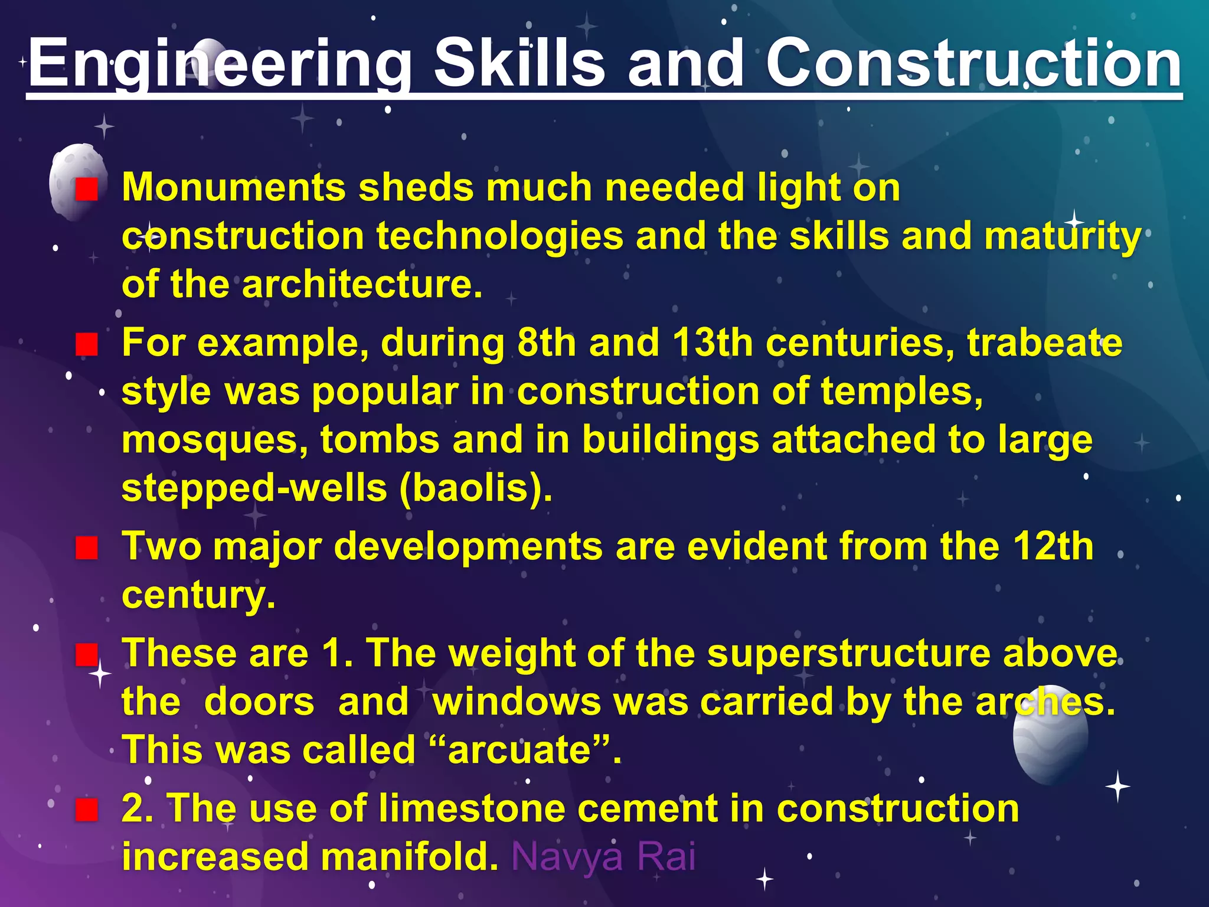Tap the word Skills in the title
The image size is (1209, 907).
coord(519,63)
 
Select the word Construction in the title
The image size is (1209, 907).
coord(973,63)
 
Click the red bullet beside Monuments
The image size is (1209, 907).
coord(87,190)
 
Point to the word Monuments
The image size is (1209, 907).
coord(233,188)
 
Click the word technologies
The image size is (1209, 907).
coord(500,236)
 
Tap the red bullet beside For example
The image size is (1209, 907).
coord(87,345)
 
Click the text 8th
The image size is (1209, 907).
coord(546,343)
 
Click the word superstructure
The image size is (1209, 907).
coord(848,654)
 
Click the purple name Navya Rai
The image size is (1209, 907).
coord(603,857)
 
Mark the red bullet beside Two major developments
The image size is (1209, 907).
coord(87,548)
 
